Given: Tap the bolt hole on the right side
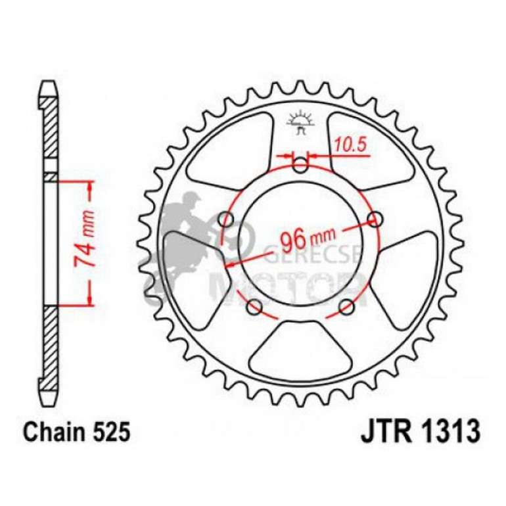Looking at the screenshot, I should coord(376,219).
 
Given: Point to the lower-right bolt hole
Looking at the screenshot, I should coord(347,308).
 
